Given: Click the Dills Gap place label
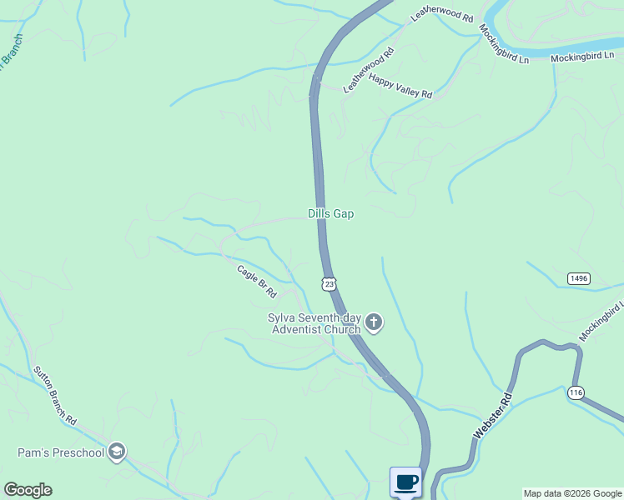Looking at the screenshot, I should [331, 214].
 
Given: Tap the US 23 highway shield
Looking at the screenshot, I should [330, 284].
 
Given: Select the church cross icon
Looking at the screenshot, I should [374, 322].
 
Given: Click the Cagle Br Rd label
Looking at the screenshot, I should [256, 281].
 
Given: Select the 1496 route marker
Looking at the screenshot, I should [578, 277].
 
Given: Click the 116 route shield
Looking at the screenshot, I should [575, 392].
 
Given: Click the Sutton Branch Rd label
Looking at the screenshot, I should [55, 396].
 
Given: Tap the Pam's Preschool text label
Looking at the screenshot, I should [61, 453].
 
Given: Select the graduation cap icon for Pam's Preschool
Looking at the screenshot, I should [117, 452].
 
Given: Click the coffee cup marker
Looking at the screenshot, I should [406, 482].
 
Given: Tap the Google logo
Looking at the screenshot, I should [28, 490].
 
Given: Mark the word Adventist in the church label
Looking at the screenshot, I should [297, 329].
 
